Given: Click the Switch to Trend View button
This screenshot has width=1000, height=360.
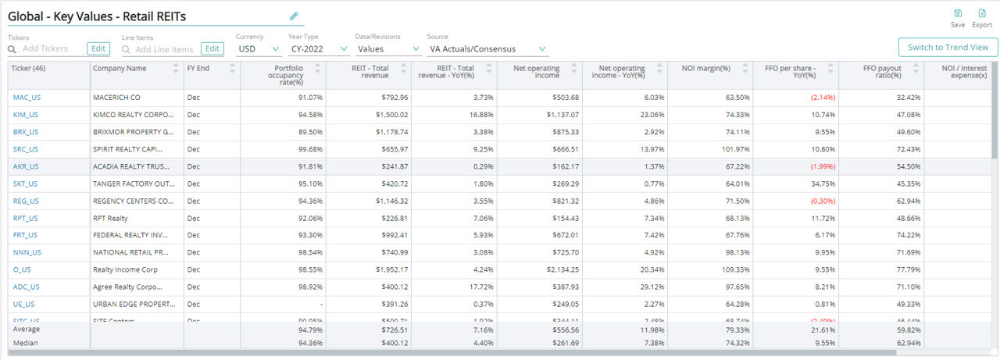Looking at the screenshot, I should coord(948,48).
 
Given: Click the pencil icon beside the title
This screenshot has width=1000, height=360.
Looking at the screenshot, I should coord(294,16).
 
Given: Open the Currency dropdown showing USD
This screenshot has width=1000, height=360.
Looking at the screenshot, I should coord(259,49).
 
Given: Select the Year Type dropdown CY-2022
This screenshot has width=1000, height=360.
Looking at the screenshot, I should coord(318,49).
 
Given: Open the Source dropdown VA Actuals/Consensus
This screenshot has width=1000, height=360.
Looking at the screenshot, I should coord(487,49).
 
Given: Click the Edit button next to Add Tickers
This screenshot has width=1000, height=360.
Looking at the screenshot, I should coord(98,49).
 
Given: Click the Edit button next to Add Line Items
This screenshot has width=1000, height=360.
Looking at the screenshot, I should coord(212,49).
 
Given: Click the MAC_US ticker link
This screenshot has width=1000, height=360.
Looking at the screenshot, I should coord(26,98).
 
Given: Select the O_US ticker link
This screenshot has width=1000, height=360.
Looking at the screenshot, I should coord(22,269).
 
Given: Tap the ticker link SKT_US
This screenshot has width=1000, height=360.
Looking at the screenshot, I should coord(25,184).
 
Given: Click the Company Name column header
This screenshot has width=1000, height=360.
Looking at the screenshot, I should coord(120,69).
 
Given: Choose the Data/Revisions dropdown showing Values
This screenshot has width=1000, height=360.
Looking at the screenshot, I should coord(387,49).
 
